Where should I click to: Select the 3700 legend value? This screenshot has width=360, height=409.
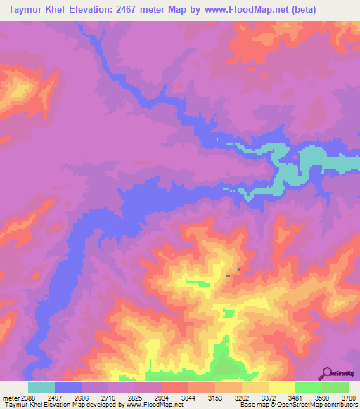(348, 397)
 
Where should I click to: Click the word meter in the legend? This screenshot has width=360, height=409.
(11, 397)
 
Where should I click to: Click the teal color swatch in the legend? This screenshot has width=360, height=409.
(41, 387)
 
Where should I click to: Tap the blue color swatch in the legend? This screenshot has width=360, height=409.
(68, 387)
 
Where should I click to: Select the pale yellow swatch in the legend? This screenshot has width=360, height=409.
(282, 387)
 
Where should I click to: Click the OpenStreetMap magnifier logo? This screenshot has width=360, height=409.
(326, 374)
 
